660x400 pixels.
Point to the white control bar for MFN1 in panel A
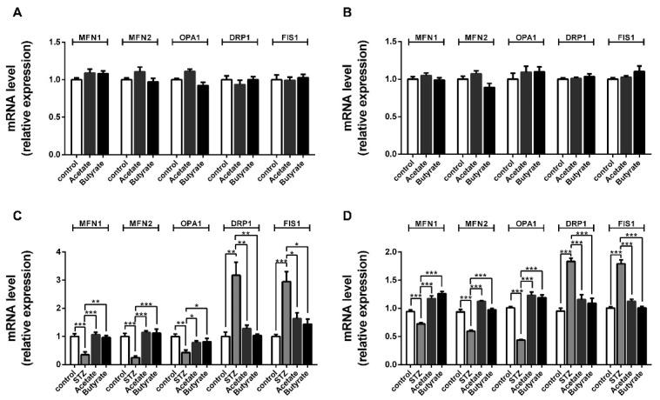[x=77, y=117]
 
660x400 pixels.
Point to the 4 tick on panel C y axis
[x=59, y=252]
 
